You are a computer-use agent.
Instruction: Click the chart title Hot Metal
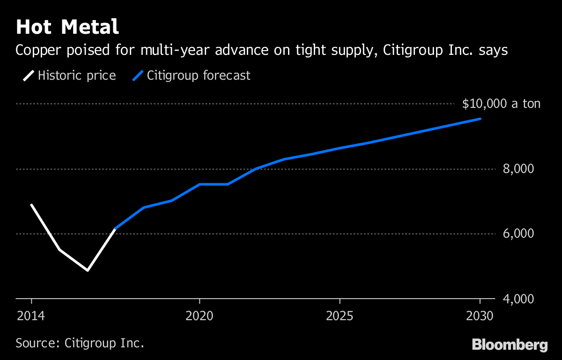click(67, 27)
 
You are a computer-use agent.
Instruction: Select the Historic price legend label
click(77, 75)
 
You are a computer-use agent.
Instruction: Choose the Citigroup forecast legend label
click(199, 75)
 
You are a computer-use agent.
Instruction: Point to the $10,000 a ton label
click(501, 104)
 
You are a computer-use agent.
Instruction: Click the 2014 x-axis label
click(31, 315)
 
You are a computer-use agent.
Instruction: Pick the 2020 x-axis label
click(200, 315)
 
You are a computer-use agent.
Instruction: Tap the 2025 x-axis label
click(340, 315)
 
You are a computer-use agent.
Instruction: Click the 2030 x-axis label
click(480, 315)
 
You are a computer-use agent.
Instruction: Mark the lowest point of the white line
click(88, 270)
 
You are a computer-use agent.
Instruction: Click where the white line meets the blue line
click(116, 228)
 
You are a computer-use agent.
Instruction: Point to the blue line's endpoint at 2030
click(480, 119)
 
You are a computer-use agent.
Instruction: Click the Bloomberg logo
click(510, 345)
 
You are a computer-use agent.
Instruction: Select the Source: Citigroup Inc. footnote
click(80, 343)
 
